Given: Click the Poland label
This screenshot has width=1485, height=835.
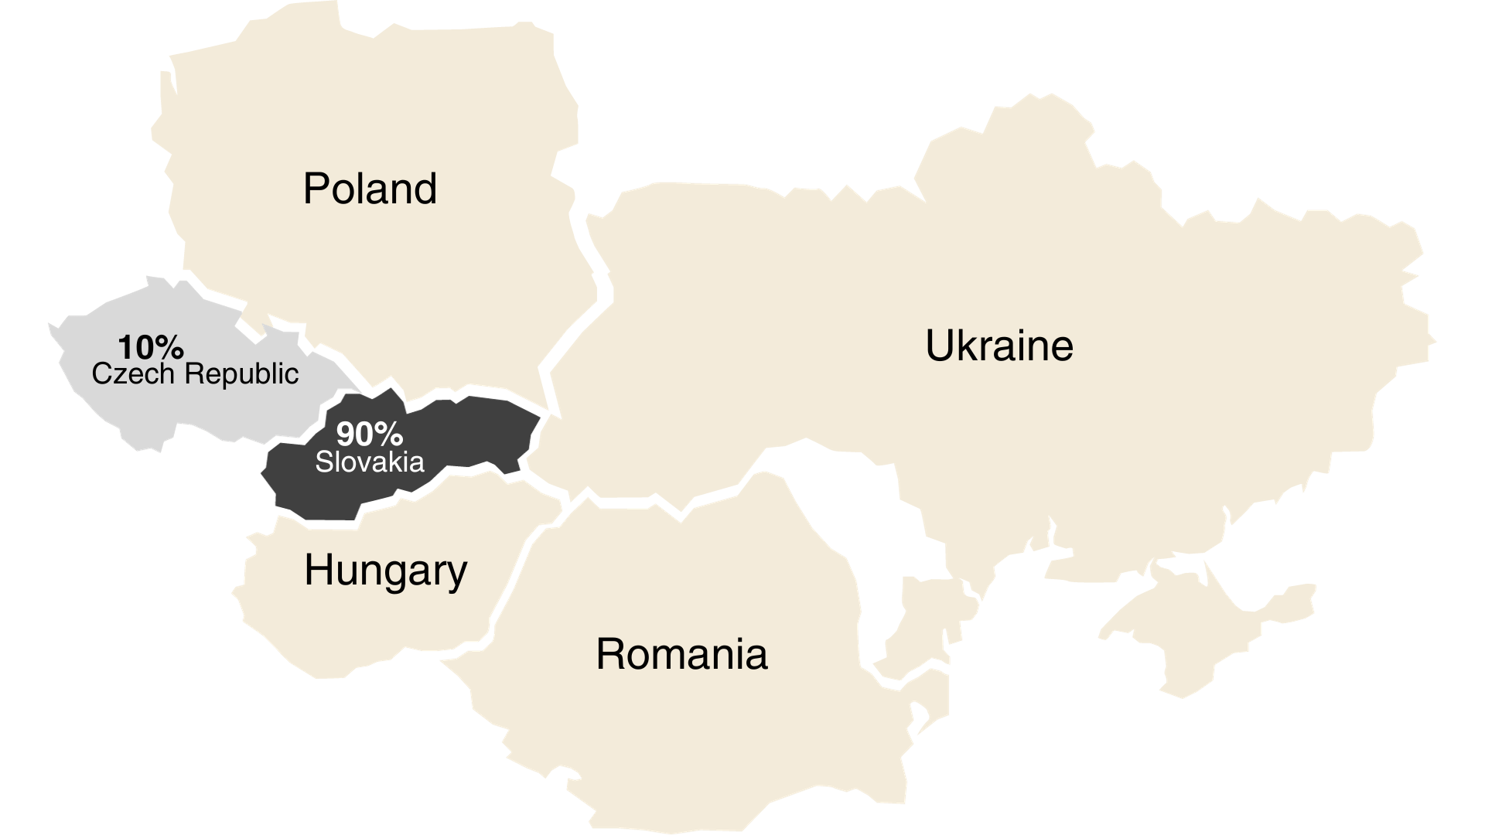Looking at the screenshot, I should [370, 189].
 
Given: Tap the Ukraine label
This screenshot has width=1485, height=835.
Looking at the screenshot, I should [999, 346].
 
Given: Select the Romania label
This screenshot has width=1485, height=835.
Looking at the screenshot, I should [681, 654].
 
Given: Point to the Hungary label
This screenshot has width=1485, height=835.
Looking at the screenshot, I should [385, 571].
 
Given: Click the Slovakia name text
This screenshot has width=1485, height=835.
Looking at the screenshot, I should [370, 462].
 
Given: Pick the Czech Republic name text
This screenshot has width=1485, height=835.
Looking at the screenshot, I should [195, 374].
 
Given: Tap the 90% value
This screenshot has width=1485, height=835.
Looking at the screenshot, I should [370, 435].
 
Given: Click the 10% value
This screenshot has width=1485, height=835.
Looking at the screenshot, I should [151, 347].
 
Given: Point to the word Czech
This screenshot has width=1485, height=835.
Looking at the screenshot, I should [133, 374].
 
